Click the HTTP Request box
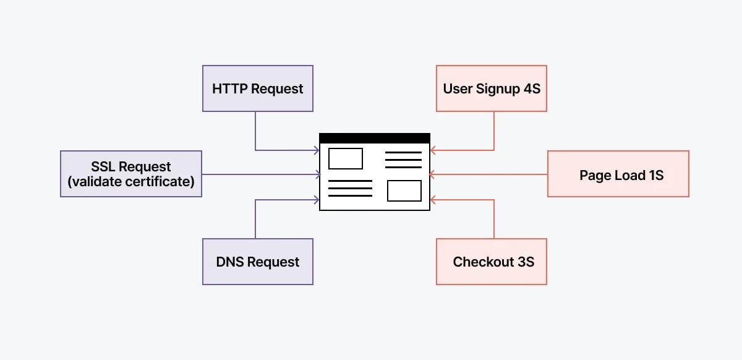point(258,88)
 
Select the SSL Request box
point(131,174)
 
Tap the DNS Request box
point(258,262)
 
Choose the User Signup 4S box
point(492,88)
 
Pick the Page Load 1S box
point(618,174)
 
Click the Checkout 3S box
point(492,262)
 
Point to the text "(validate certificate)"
point(131,182)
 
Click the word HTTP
point(229,88)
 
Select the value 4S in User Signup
point(532,88)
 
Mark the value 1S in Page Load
point(655,175)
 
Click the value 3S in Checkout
point(526,262)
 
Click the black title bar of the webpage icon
point(374,138)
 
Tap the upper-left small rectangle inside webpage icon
point(345,158)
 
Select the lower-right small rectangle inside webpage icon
point(404,191)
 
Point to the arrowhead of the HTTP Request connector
point(317,150)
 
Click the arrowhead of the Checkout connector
point(433,199)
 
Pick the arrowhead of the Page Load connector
point(433,174)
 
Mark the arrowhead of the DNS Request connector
point(317,199)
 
